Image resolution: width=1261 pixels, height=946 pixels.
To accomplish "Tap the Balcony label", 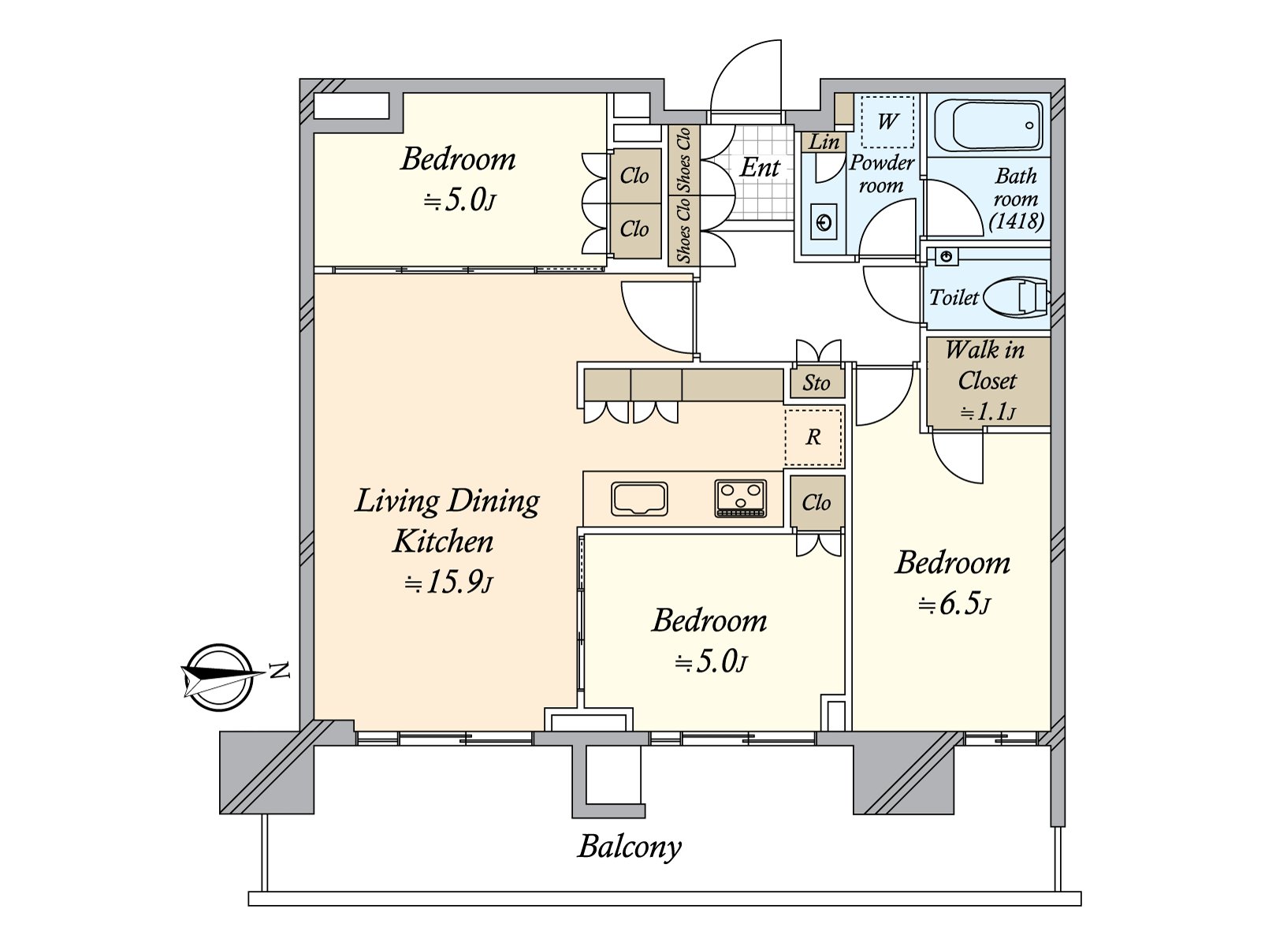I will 629,847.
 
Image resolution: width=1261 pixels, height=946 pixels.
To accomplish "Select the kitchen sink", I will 639,499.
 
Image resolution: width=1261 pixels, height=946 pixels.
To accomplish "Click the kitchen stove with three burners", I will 740,499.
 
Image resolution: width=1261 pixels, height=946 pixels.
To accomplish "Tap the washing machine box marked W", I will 887,121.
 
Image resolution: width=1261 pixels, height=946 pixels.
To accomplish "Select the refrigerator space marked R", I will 813,437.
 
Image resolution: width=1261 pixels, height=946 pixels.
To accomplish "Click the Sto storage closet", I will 816,383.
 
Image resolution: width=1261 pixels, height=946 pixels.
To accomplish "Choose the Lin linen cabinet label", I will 824,142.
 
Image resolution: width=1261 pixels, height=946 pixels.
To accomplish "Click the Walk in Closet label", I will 986,365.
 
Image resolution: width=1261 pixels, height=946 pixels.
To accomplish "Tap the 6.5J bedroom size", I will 954,604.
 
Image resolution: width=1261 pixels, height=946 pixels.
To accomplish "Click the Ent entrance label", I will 760,167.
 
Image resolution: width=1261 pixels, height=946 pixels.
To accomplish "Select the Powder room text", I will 881,174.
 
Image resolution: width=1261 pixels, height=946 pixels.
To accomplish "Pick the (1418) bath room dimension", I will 1017,222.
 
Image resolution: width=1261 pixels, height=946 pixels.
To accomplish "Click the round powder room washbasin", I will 824,222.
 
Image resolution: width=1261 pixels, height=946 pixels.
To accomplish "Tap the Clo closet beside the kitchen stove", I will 816,502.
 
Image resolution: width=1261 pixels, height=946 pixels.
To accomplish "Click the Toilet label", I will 954,297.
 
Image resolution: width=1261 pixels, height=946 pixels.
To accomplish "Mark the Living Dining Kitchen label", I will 446,520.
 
